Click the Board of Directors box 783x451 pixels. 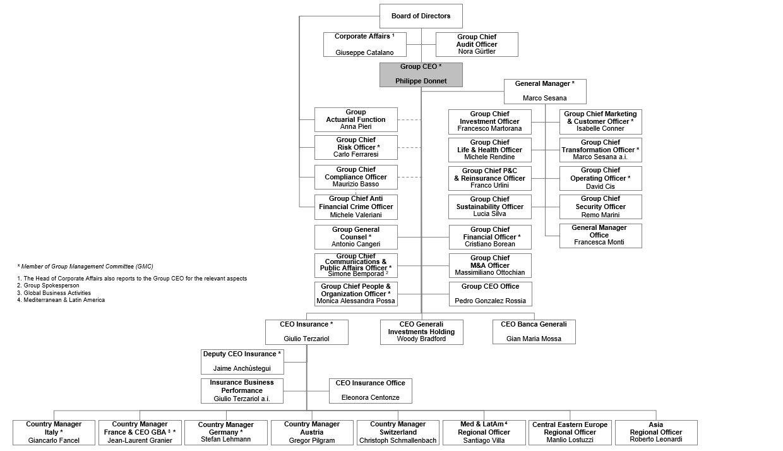pos(421,16)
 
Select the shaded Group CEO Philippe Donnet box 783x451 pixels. pos(421,74)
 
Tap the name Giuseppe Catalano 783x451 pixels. pos(364,52)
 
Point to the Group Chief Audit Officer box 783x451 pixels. pos(477,44)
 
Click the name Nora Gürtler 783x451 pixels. pos(477,52)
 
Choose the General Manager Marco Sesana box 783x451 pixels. pos(545,91)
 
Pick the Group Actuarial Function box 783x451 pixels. pos(356,119)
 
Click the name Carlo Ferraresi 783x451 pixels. pos(356,155)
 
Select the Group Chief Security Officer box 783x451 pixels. pos(601,207)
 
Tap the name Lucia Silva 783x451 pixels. pos(490,214)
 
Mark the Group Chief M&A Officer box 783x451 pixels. pos(490,265)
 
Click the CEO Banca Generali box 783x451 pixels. pos(534,332)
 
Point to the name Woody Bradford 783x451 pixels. pos(421,339)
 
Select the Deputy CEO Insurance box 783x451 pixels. pos(242,361)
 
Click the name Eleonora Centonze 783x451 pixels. pos(370,398)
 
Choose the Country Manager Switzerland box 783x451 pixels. pos(398,432)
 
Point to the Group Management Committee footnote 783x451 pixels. pos(85,267)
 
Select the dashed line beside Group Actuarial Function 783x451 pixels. pos(409,119)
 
